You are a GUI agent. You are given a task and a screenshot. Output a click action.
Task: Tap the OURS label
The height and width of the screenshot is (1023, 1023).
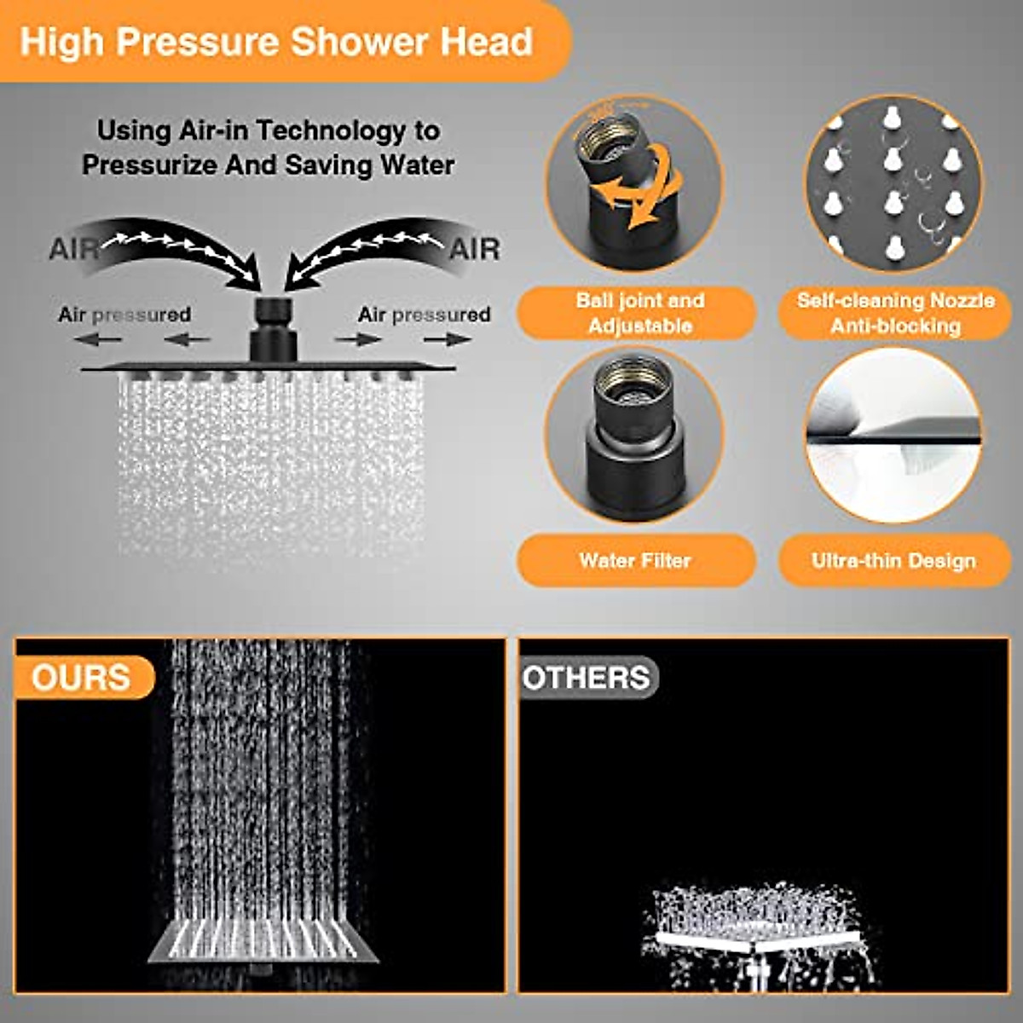coord(81,678)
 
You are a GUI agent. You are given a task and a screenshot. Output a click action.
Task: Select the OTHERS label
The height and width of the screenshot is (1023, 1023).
coord(587,678)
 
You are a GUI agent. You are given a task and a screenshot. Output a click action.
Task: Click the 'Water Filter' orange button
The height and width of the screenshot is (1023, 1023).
coord(635,560)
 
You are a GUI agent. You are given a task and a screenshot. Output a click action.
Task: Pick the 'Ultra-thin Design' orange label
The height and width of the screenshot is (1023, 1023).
coord(893,560)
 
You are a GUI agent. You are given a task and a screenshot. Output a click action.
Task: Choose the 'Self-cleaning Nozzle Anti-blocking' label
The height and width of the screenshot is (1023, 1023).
coord(895,313)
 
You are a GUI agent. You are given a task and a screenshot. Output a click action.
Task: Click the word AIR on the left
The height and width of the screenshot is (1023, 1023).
coord(73,249)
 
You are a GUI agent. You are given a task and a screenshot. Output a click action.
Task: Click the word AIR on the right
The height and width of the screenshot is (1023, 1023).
coord(474,249)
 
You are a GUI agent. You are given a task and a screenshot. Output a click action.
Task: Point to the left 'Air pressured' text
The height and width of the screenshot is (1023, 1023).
coord(124,315)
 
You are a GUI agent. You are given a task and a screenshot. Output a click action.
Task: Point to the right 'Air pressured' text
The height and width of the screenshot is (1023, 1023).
coord(424,315)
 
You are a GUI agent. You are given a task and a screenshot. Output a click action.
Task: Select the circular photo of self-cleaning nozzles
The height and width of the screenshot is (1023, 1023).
coord(893,183)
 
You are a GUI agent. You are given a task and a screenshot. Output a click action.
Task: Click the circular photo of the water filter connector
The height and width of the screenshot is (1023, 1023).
coord(634,435)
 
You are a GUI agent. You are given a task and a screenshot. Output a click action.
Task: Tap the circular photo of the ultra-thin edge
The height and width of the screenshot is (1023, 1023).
coord(893,435)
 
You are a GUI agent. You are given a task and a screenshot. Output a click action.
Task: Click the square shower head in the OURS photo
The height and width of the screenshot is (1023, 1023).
coord(264,942)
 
